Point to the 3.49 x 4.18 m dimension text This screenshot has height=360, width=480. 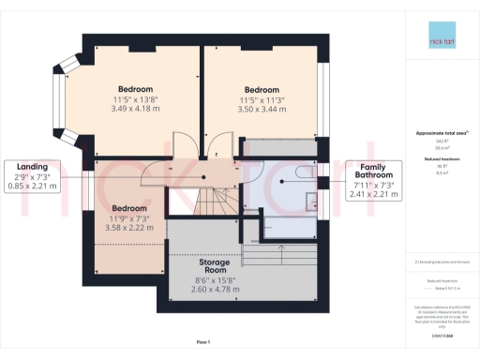[135, 109]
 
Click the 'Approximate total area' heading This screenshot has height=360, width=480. [437, 133]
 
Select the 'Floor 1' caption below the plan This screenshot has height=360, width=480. [203, 342]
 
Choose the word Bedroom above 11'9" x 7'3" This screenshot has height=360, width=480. [129, 208]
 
